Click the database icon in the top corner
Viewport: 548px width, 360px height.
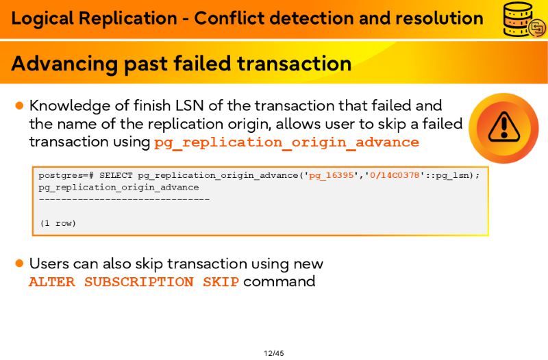(x=524, y=19)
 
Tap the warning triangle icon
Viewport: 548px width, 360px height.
(x=503, y=127)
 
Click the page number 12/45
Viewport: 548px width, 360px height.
(x=273, y=353)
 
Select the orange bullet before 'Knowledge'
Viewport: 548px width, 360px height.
(x=20, y=105)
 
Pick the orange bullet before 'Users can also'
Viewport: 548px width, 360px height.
(x=20, y=263)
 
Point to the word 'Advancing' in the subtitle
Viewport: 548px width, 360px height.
(x=64, y=64)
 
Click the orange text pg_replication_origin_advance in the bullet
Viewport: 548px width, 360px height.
(x=286, y=142)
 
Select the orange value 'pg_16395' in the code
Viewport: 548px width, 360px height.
(x=331, y=175)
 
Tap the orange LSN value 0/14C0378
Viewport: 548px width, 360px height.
(x=395, y=175)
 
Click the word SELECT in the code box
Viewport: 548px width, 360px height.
(x=116, y=175)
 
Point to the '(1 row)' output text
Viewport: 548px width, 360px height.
(x=58, y=223)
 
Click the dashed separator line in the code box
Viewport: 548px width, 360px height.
(x=125, y=199)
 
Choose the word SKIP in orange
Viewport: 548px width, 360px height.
(x=221, y=282)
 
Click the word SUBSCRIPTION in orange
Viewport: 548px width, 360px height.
(x=139, y=282)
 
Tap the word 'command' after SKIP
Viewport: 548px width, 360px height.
(x=279, y=281)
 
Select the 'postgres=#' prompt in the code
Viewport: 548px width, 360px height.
(x=66, y=175)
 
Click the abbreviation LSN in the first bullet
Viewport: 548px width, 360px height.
(x=189, y=105)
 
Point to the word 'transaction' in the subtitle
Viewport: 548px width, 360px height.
(x=295, y=64)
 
